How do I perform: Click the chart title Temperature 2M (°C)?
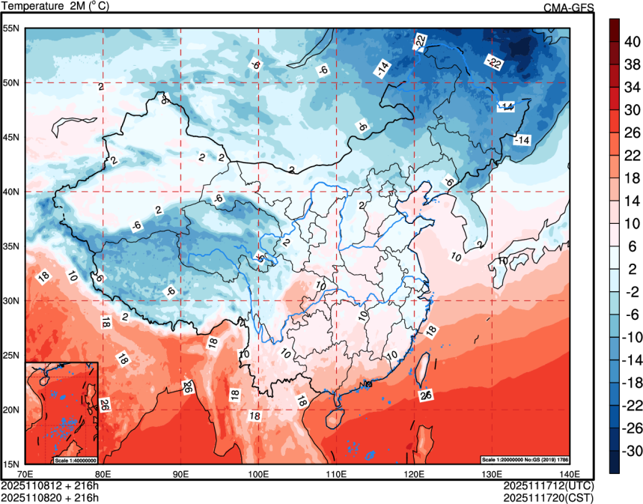[55, 7]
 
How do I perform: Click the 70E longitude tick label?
[25, 474]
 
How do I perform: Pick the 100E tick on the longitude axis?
[258, 474]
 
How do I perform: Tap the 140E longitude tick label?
[568, 474]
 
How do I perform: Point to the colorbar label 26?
[632, 133]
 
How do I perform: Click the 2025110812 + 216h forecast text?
[50, 486]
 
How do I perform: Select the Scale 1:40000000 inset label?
[76, 459]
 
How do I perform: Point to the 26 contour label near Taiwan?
[427, 395]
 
